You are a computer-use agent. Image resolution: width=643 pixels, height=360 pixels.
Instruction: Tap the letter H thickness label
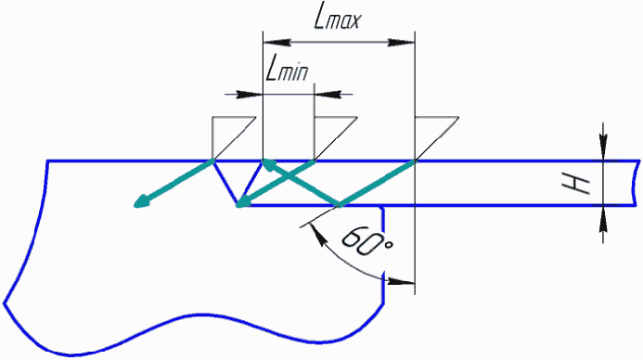pyautogui.click(x=576, y=185)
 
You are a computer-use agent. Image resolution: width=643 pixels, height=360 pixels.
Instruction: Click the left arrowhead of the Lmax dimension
pyautogui.click(x=276, y=42)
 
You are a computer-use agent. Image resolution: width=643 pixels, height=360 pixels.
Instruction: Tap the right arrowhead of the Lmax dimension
pyautogui.click(x=401, y=42)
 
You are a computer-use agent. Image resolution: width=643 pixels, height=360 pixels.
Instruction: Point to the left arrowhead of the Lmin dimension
pyautogui.click(x=249, y=95)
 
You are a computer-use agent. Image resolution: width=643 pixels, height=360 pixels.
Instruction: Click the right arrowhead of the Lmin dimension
pyautogui.click(x=328, y=95)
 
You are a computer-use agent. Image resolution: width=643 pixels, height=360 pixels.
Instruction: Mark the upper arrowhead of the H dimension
pyautogui.click(x=603, y=147)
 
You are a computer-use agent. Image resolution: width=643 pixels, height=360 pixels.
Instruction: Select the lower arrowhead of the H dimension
pyautogui.click(x=603, y=219)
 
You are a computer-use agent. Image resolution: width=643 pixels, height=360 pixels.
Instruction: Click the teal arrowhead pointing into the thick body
pyautogui.click(x=142, y=201)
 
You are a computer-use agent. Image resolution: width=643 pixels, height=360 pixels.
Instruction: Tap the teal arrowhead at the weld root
pyautogui.click(x=244, y=201)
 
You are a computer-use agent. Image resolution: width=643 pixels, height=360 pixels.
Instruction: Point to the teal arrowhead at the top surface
pyautogui.click(x=269, y=164)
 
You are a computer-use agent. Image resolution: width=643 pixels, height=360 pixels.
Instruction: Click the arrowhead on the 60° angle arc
pyautogui.click(x=401, y=281)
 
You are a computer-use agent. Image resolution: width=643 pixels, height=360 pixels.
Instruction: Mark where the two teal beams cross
pyautogui.click(x=289, y=176)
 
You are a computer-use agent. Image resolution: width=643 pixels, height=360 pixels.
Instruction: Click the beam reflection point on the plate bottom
pyautogui.click(x=339, y=205)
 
